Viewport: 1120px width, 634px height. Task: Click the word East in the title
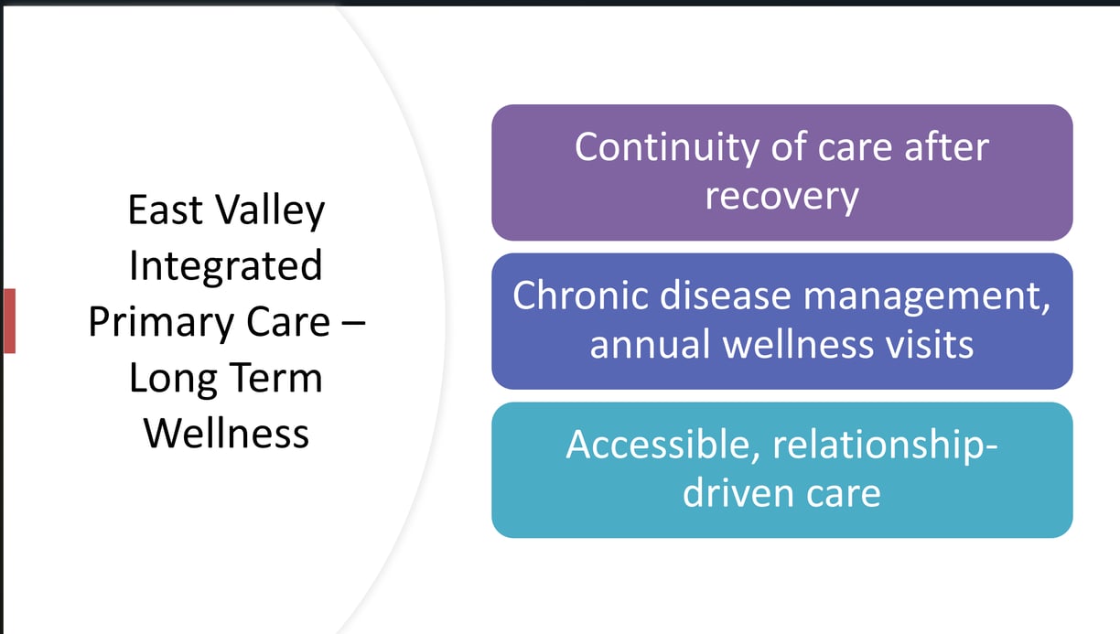tap(166, 210)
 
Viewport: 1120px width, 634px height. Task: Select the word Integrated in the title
tap(225, 266)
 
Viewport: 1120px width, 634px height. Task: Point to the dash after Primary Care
tap(353, 324)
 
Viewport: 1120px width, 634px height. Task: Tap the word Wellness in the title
tap(226, 434)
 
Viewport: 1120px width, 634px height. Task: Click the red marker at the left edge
tap(9, 321)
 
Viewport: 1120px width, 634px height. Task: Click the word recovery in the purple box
tap(782, 197)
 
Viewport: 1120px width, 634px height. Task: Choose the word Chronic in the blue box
tap(580, 296)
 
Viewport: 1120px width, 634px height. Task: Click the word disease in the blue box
tap(725, 296)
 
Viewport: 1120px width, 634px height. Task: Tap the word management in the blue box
tap(926, 298)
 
